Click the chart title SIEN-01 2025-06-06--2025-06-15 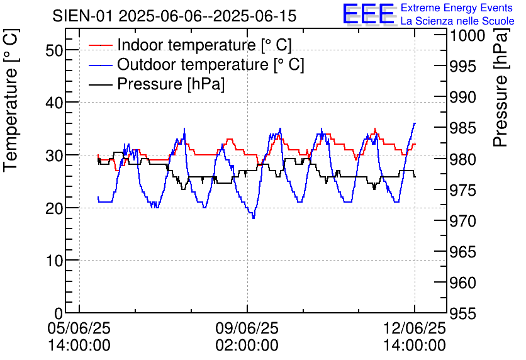coord(174,16)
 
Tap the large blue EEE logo coord(369,14)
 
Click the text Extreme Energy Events coord(457,8)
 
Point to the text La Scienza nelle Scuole coord(457,21)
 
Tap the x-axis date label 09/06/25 coord(247,328)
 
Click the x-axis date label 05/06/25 coord(79,328)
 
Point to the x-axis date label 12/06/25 coord(415,328)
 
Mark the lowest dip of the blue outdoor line coord(254,217)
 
